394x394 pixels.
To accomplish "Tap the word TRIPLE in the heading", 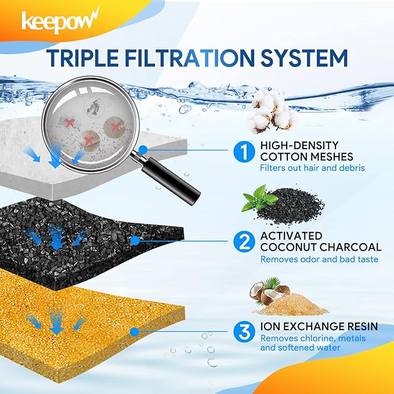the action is pyautogui.click(x=83, y=58).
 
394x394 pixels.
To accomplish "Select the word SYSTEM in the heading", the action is pyautogui.click(x=304, y=58).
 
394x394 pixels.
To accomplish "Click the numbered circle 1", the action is pyautogui.click(x=244, y=151).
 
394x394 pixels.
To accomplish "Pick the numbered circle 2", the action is pyautogui.click(x=244, y=242).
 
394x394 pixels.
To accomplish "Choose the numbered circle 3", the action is pyautogui.click(x=244, y=332).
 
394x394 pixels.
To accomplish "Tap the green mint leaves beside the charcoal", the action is pyautogui.click(x=259, y=198).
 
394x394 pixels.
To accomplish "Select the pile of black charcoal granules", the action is pyautogui.click(x=291, y=206).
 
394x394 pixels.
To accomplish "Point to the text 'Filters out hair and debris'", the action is pyautogui.click(x=312, y=168).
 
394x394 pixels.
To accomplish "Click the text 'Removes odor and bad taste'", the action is pyautogui.click(x=319, y=259).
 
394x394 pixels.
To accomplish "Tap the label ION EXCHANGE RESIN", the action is pyautogui.click(x=319, y=326).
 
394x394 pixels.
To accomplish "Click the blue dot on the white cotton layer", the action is pyautogui.click(x=143, y=150).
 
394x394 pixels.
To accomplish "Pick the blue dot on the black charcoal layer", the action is pyautogui.click(x=135, y=241).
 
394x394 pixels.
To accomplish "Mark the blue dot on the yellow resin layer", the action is pyautogui.click(x=135, y=332).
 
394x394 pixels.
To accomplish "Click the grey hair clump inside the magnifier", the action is pyautogui.click(x=93, y=106).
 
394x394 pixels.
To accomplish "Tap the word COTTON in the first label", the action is pyautogui.click(x=283, y=157).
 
